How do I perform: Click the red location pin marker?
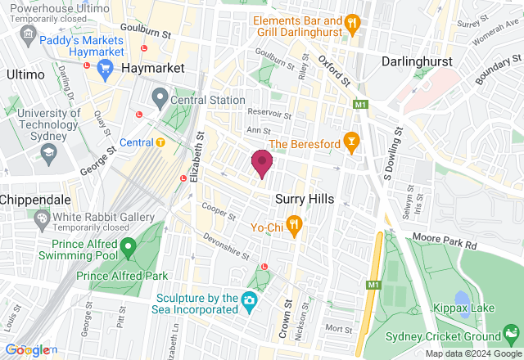click(262, 162)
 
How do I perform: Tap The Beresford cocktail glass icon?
click(353, 143)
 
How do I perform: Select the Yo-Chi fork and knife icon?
click(296, 223)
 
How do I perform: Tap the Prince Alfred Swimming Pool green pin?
click(128, 245)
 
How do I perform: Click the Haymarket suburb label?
click(153, 69)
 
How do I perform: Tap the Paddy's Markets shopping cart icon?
click(104, 66)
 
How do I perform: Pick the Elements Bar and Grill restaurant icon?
click(352, 25)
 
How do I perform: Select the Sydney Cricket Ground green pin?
click(511, 335)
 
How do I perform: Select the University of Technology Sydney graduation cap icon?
click(49, 153)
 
